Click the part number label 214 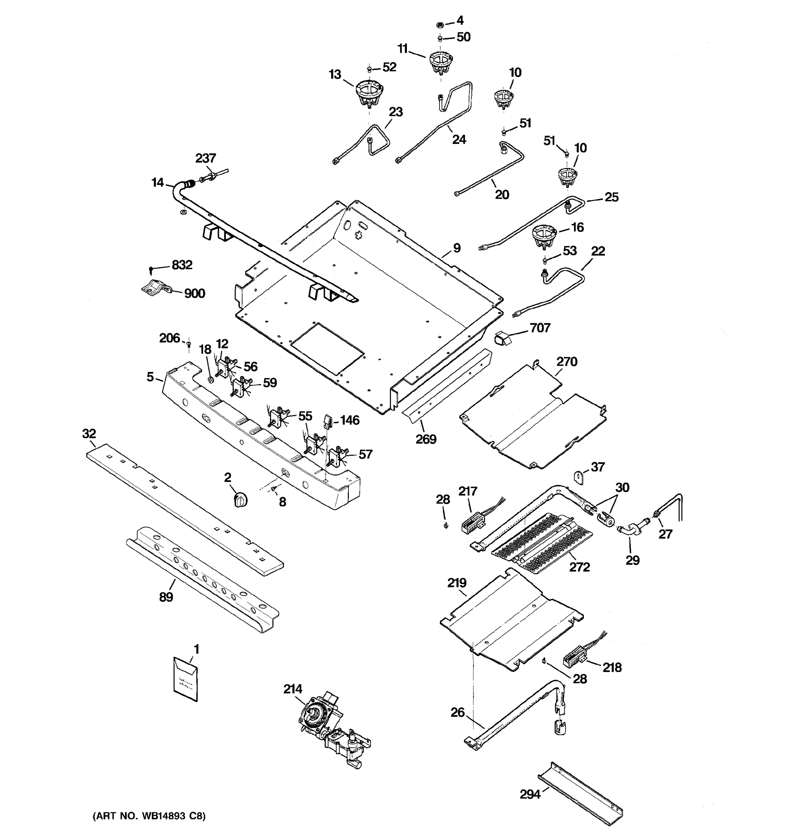tap(292, 689)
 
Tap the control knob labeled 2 tap(240, 500)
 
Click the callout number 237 tap(206, 158)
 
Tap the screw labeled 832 tap(151, 269)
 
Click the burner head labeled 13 tap(369, 93)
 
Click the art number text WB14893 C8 tap(149, 816)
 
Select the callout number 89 tap(166, 597)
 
